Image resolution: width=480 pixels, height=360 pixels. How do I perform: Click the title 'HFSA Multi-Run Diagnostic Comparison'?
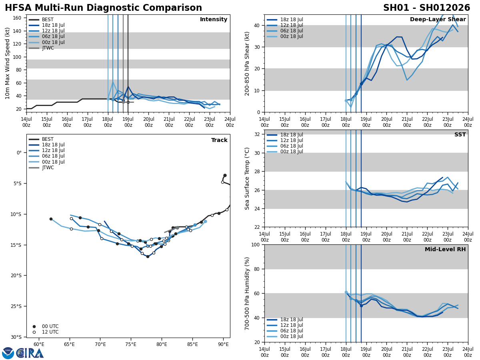point(103,8)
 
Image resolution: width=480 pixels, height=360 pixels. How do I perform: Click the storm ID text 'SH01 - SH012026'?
point(426,8)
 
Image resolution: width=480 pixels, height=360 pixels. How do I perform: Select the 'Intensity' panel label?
point(214,20)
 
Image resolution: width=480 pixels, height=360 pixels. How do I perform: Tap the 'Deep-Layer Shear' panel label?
point(438,20)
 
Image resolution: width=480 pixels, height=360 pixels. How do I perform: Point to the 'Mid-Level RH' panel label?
point(445,250)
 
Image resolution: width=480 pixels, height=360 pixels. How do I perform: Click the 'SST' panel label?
point(460,135)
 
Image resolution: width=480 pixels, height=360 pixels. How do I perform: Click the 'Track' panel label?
point(219,140)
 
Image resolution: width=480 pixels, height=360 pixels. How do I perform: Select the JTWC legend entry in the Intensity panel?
point(48,48)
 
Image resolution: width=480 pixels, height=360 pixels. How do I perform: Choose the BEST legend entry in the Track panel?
point(48,139)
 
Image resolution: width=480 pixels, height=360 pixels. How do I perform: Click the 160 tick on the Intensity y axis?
point(17,18)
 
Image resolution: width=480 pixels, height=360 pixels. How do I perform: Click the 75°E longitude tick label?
point(131,344)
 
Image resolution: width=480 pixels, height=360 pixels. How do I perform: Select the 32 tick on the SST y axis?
point(258,134)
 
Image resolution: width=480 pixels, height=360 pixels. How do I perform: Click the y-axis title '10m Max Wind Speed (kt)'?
point(8,63)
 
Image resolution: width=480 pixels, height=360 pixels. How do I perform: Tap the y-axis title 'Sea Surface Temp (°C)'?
point(248,178)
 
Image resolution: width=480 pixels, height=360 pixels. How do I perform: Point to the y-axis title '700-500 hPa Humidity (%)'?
point(248,293)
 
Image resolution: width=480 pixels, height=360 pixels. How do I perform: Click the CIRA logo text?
point(30,353)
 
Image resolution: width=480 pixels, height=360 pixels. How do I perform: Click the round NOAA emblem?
point(8,353)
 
